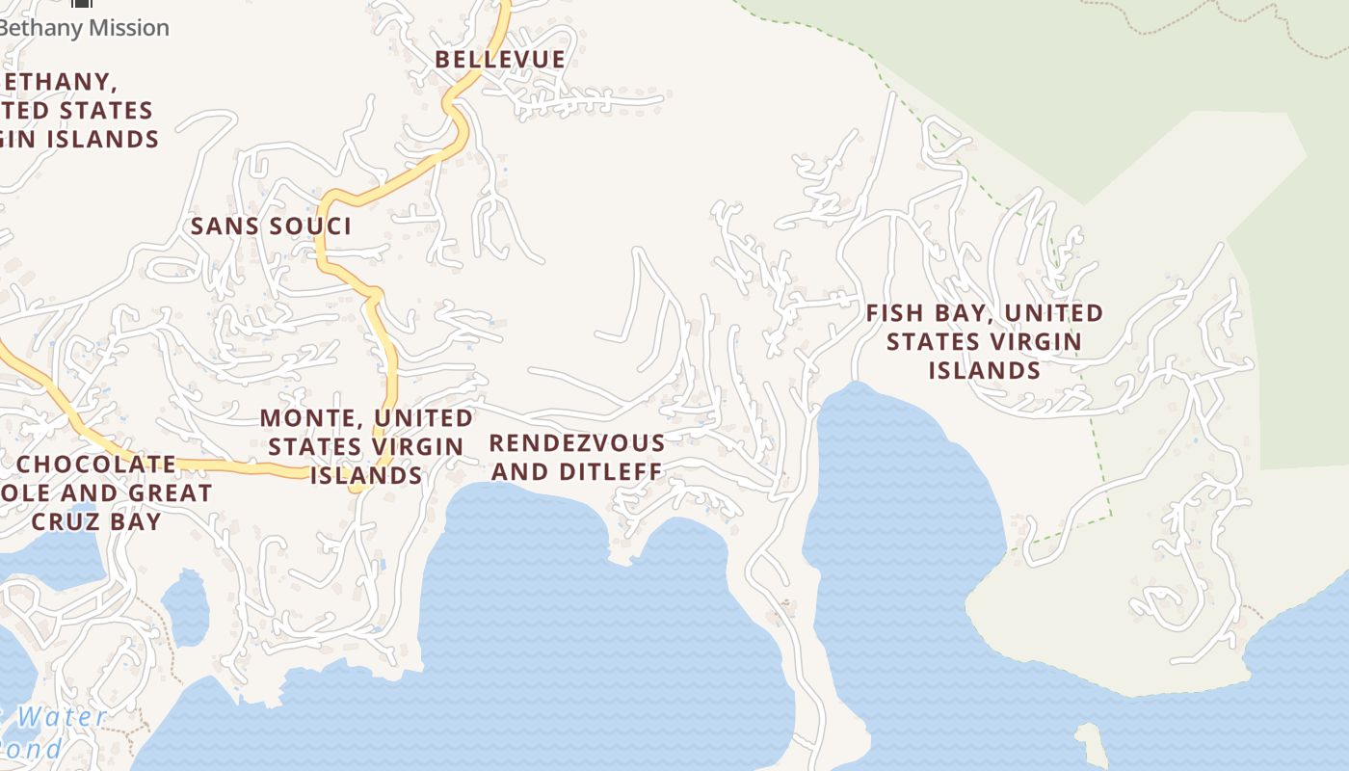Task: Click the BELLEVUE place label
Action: (x=500, y=60)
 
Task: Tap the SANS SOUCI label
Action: (x=271, y=226)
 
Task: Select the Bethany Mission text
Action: (x=85, y=28)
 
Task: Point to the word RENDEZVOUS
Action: (x=577, y=444)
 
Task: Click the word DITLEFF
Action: (x=614, y=472)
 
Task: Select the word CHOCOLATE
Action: (x=97, y=465)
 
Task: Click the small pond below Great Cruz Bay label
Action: (x=185, y=607)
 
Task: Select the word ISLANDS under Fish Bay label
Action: (x=984, y=371)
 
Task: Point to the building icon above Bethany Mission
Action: (x=83, y=4)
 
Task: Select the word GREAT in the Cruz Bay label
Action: (x=173, y=493)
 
